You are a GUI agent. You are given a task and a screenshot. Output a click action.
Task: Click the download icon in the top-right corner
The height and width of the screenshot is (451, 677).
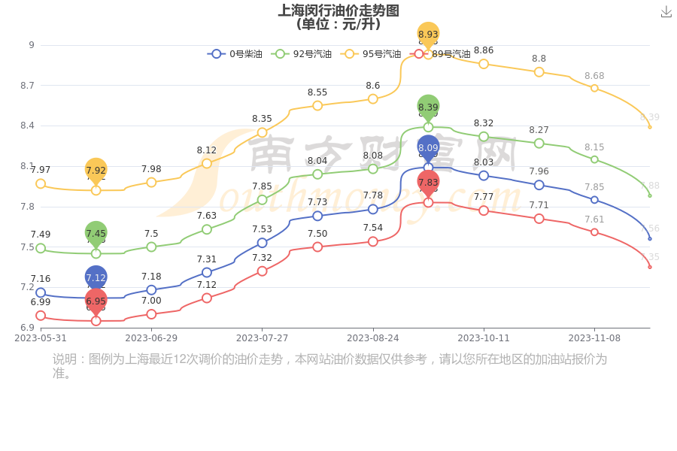click(666, 11)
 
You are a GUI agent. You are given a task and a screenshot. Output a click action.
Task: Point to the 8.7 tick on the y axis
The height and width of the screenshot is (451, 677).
click(27, 86)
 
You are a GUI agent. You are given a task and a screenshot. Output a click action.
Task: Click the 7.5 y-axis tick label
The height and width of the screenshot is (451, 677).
click(27, 247)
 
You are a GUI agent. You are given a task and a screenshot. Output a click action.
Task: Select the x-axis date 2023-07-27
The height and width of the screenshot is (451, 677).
click(262, 338)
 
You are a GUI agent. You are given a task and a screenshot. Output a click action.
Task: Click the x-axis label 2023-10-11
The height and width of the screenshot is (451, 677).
click(484, 338)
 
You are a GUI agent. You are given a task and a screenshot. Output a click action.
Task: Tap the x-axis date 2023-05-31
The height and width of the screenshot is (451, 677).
click(41, 338)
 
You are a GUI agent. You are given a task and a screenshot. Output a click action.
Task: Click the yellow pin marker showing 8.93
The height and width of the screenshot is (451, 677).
click(428, 35)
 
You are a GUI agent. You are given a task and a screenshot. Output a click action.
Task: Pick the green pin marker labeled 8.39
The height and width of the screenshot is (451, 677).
click(428, 107)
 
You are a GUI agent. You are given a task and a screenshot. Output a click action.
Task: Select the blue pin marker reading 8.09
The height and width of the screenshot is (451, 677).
click(428, 148)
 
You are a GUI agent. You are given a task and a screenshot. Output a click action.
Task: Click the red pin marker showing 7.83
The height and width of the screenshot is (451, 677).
click(428, 183)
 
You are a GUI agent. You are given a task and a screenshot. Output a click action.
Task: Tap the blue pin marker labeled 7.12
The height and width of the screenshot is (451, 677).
click(96, 278)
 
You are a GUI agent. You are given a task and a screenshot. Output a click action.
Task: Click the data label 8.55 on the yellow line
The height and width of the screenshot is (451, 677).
click(317, 92)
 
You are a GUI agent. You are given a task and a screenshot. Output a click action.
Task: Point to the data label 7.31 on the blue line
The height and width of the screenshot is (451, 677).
click(207, 259)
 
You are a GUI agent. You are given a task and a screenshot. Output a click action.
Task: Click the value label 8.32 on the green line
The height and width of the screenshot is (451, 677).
click(484, 123)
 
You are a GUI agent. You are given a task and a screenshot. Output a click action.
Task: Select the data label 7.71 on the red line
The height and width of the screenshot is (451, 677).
click(539, 205)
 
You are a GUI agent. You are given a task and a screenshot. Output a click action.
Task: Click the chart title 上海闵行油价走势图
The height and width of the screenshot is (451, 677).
click(338, 11)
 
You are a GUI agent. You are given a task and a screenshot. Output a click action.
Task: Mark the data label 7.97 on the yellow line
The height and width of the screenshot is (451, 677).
click(41, 170)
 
